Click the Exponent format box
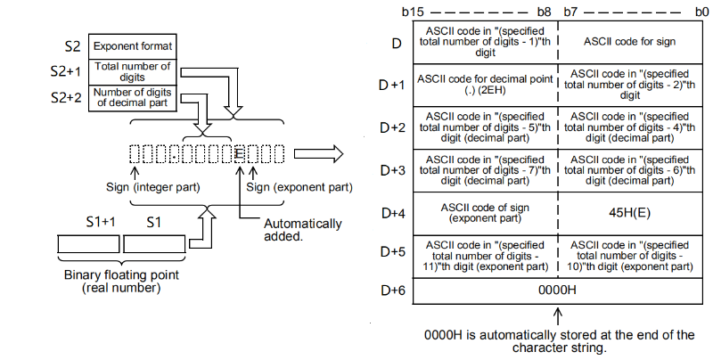pos(133,45)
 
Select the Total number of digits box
pos(133,72)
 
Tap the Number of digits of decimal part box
pos(133,98)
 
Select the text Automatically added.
pos(303,231)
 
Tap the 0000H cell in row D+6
pos(558,290)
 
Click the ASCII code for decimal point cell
pos(486,84)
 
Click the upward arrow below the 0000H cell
pos(558,316)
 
